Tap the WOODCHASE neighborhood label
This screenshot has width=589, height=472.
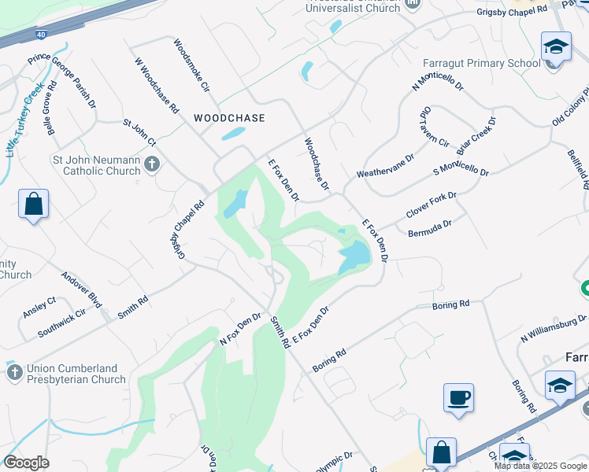tap(229, 117)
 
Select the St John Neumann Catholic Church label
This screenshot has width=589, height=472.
tap(96, 164)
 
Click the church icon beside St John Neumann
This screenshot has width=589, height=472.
tap(152, 164)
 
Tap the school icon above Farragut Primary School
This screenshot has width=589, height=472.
tap(556, 46)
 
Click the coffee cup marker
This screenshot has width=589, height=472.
tap(457, 396)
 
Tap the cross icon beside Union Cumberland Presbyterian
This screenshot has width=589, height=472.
tap(14, 371)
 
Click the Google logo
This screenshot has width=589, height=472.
tap(26, 463)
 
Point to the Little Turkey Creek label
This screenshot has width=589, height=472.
tap(24, 123)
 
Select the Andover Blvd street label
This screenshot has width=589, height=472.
tap(82, 289)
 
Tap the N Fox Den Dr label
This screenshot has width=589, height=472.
tap(240, 329)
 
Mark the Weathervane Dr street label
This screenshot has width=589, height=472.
tap(385, 166)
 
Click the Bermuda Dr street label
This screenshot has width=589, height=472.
tap(430, 229)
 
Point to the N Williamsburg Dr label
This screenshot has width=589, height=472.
tap(553, 330)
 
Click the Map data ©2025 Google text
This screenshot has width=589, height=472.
tap(539, 465)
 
